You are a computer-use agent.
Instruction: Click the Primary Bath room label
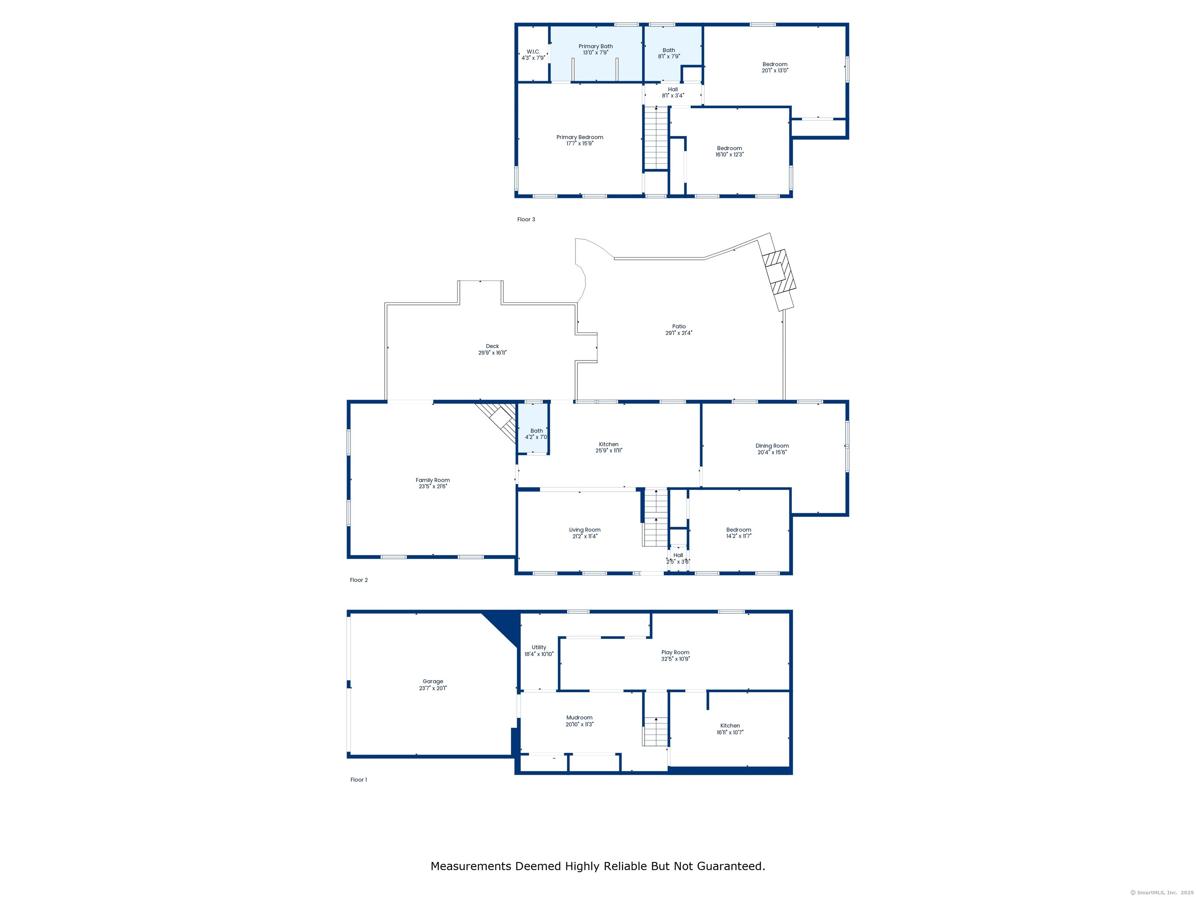(595, 46)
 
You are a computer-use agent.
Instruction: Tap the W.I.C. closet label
(533, 52)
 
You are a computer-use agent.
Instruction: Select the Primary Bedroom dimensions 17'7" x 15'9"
(580, 144)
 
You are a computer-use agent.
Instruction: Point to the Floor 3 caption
(526, 220)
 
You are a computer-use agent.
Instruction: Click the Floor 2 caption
(359, 580)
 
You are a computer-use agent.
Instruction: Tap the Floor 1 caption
(359, 780)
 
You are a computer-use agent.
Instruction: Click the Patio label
(679, 327)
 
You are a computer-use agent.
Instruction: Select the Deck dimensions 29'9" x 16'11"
(492, 352)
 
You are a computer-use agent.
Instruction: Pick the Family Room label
(433, 480)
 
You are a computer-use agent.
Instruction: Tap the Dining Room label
(772, 446)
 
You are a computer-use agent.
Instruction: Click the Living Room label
(584, 530)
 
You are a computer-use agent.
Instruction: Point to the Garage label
(433, 682)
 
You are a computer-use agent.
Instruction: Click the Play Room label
(675, 653)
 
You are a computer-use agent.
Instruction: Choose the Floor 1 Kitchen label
(730, 726)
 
